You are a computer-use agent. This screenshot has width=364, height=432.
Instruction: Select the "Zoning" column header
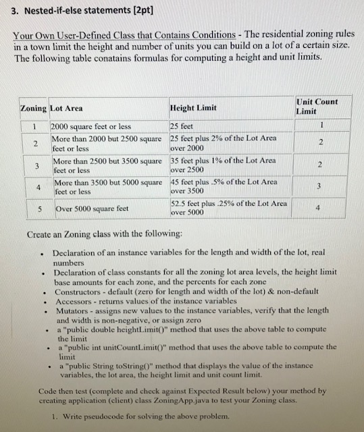[x=32, y=108]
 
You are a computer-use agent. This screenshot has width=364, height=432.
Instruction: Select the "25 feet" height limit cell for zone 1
[x=182, y=126]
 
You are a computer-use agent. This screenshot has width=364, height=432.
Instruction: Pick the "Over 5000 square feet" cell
[x=92, y=209]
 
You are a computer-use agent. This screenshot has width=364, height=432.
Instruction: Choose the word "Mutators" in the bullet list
[x=74, y=313]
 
